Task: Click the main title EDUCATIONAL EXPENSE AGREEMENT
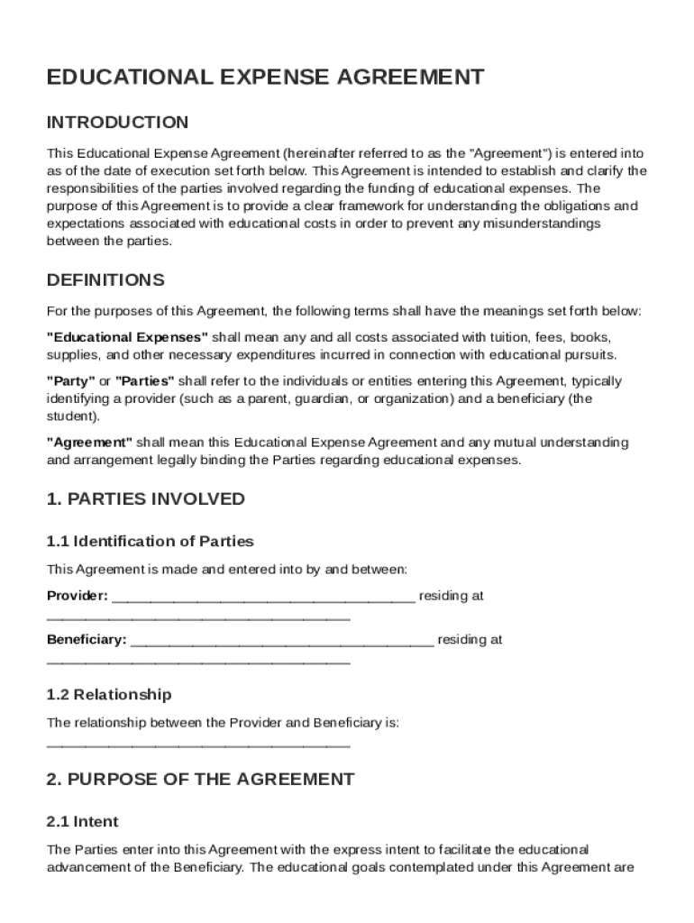265,78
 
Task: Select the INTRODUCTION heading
117,123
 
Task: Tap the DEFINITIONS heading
105,279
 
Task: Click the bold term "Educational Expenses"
127,337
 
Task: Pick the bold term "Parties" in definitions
145,381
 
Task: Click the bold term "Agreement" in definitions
89,443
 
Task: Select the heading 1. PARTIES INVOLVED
145,499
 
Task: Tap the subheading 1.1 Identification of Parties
150,542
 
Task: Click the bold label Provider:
78,596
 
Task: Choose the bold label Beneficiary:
87,640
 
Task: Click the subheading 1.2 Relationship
108,695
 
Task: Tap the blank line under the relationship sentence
198,745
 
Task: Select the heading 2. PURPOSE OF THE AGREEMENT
200,779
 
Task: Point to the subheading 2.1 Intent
82,822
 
